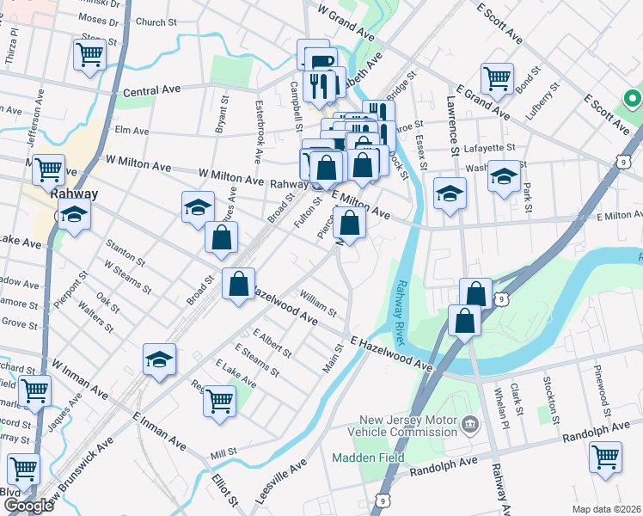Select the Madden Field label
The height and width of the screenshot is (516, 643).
368,458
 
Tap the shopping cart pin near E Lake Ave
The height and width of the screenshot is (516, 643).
220,400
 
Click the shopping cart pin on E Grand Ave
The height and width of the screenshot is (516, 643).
498,78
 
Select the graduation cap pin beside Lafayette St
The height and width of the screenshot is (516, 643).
504,178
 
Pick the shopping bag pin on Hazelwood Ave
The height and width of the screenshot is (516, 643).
238,284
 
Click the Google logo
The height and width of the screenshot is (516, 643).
28,505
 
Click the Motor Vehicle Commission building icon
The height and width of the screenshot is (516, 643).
469,423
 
